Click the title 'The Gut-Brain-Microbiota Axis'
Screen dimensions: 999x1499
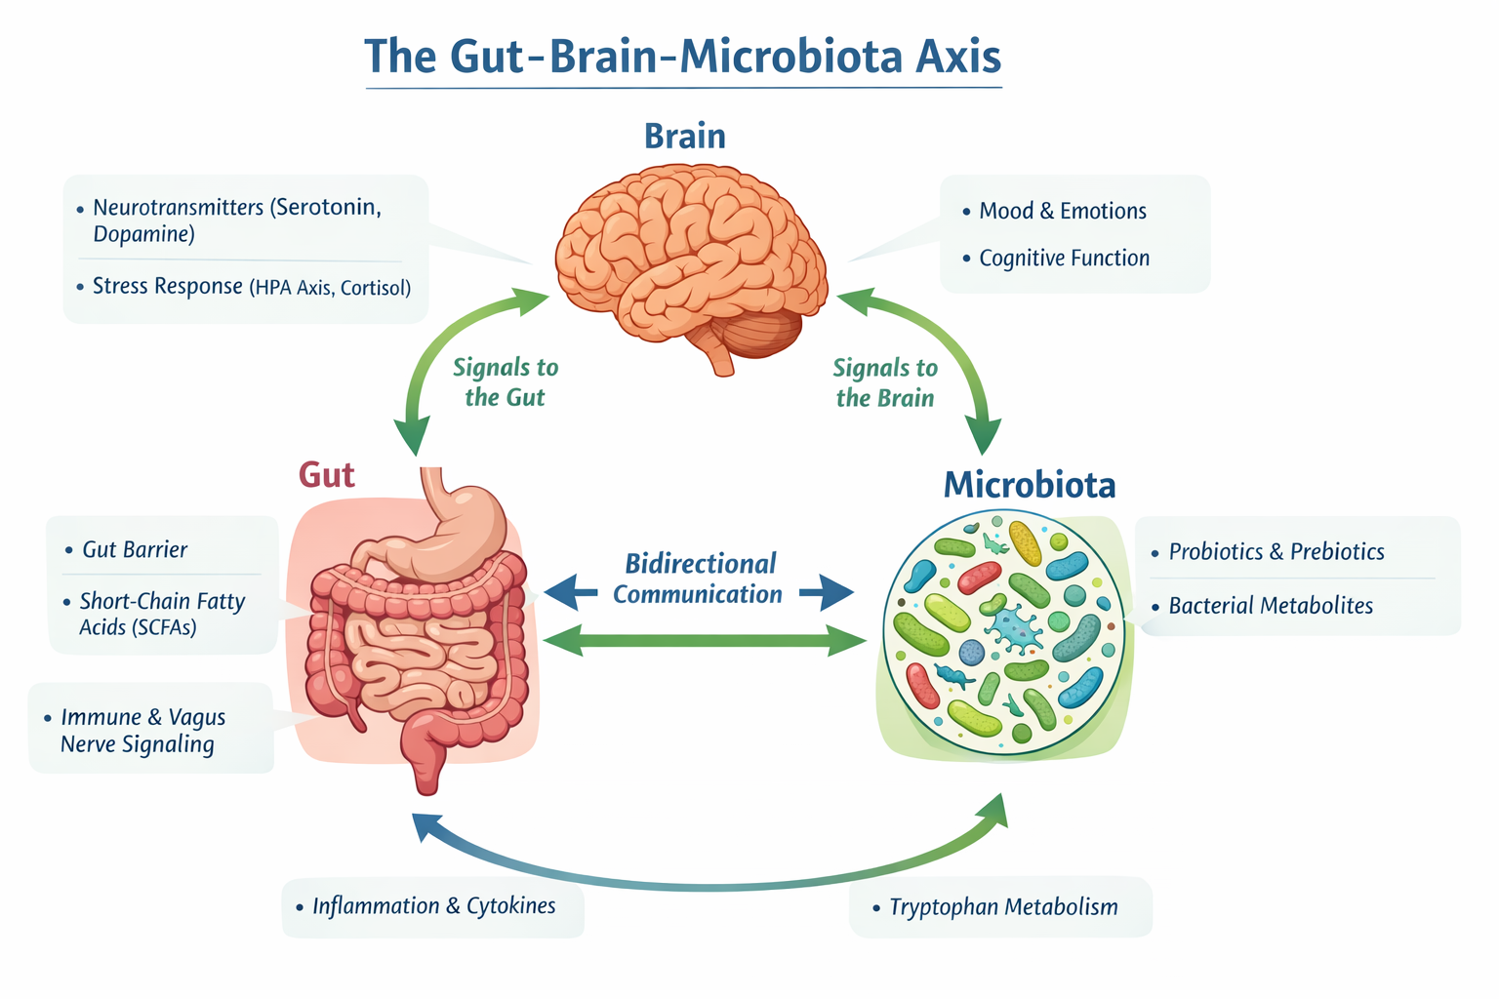tap(683, 57)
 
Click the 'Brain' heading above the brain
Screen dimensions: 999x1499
tap(685, 137)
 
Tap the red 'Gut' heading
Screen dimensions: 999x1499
tap(326, 475)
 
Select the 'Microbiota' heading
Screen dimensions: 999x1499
tap(1029, 485)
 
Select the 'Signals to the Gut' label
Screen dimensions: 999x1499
tap(505, 382)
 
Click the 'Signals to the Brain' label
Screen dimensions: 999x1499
tap(885, 382)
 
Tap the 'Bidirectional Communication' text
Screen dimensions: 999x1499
tap(699, 579)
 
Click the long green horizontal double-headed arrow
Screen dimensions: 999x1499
tap(703, 641)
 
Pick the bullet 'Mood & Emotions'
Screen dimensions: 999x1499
tap(1062, 212)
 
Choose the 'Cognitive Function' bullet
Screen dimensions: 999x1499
tap(1064, 259)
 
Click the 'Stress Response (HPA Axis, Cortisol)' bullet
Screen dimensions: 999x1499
tap(251, 287)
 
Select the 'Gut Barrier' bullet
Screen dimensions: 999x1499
tap(135, 550)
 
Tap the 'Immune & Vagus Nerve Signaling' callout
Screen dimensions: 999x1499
tap(142, 731)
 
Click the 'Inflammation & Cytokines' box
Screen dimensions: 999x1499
tap(433, 906)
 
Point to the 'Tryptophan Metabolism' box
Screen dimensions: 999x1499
tap(1002, 907)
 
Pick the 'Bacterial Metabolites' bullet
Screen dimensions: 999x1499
tap(1270, 606)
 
